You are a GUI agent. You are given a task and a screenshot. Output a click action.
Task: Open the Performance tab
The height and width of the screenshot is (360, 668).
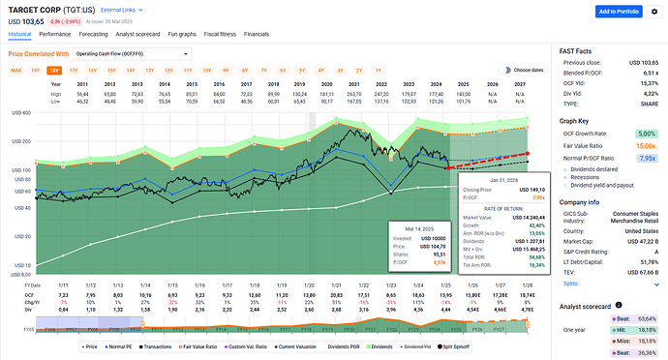pyautogui.click(x=53, y=33)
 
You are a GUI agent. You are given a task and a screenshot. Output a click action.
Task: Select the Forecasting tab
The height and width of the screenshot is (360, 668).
pyautogui.click(x=95, y=33)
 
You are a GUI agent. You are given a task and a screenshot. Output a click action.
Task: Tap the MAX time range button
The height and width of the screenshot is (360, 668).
pyautogui.click(x=16, y=71)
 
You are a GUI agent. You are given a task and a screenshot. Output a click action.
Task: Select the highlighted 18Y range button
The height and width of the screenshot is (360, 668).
pyautogui.click(x=54, y=71)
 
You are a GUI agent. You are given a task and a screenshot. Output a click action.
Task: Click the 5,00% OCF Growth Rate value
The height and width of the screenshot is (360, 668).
pyautogui.click(x=647, y=133)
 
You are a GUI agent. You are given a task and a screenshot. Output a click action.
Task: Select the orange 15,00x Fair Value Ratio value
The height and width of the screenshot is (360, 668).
pyautogui.click(x=647, y=144)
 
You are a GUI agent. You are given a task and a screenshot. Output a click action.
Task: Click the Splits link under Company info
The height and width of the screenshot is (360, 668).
pyautogui.click(x=571, y=283)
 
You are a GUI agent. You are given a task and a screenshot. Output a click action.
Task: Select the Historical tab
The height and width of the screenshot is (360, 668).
pyautogui.click(x=19, y=33)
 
